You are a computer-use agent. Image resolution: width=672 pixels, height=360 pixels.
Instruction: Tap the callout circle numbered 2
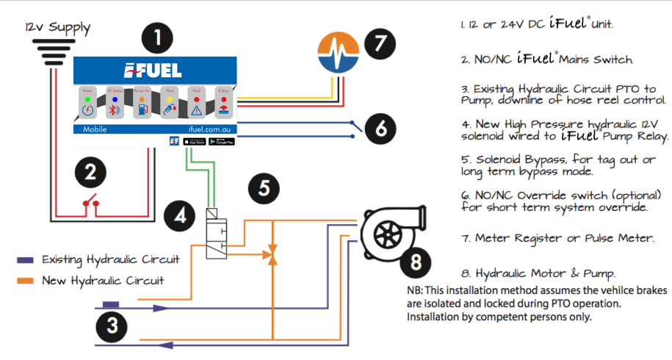[x=90, y=173]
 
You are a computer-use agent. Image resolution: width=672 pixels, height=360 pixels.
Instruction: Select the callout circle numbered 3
[x=111, y=325]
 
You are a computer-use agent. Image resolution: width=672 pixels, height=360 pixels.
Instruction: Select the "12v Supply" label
[x=57, y=28]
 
